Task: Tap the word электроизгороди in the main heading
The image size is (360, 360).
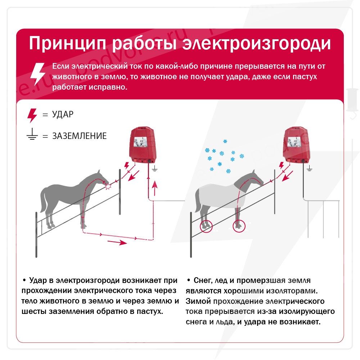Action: (257, 44)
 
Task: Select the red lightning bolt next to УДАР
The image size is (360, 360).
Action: (32, 116)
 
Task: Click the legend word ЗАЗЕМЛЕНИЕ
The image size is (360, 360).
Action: (80, 136)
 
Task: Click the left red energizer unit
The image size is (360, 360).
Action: (143, 145)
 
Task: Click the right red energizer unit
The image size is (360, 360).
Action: (297, 145)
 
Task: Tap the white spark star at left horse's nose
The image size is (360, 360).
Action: (108, 186)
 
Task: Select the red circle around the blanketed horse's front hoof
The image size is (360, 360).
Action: (239, 226)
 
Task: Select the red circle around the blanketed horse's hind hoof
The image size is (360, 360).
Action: (206, 226)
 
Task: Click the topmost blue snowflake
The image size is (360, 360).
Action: (225, 141)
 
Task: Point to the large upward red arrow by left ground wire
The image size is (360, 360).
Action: (155, 188)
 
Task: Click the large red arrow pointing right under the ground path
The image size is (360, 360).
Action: (117, 242)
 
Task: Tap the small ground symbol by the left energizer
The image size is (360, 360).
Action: (154, 169)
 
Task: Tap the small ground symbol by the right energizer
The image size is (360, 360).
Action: (310, 169)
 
